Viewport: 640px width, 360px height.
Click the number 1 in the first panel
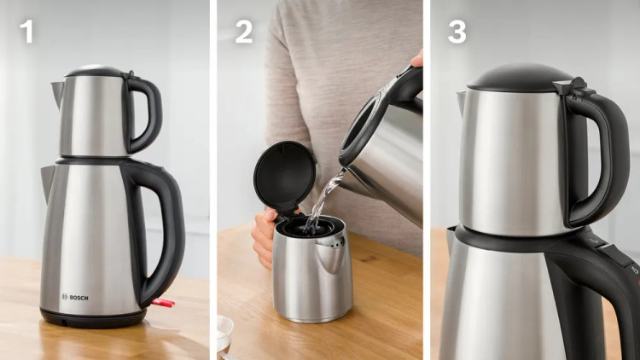tap(27, 31)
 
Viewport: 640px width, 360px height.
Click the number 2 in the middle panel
tap(244, 32)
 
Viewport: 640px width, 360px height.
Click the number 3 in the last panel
tap(457, 32)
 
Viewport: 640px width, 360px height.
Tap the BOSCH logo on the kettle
tap(75, 297)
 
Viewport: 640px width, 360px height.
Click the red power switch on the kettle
tap(163, 303)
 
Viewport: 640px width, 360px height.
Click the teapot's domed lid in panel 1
tap(95, 71)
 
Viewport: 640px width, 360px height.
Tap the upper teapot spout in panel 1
tap(57, 93)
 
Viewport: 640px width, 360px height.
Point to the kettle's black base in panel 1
tap(93, 319)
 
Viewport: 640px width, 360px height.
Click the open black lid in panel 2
tap(284, 176)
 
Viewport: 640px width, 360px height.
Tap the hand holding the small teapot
tap(264, 237)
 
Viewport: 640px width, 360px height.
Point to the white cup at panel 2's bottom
tap(225, 334)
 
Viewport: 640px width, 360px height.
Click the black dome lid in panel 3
tap(521, 78)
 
